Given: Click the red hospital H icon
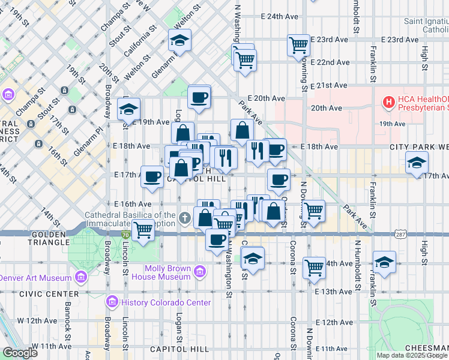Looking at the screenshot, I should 389,103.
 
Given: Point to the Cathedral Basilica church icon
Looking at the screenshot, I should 185,218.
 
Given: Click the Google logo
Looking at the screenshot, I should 20,353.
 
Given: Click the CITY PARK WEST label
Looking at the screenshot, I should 418,146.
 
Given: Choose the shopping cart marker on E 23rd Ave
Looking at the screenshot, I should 298,44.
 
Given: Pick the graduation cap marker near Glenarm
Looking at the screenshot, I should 179,40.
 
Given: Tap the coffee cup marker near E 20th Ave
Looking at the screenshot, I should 199,97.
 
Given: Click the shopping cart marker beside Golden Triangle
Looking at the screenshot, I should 143,229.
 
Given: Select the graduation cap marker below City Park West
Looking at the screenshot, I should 417,162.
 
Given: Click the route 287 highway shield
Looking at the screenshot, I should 400,232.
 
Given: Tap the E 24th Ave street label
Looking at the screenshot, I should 280,16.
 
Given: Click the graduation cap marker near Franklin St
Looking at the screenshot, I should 384,262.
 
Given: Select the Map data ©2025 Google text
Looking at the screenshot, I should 412,355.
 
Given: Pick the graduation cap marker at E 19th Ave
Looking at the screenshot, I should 128,109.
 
